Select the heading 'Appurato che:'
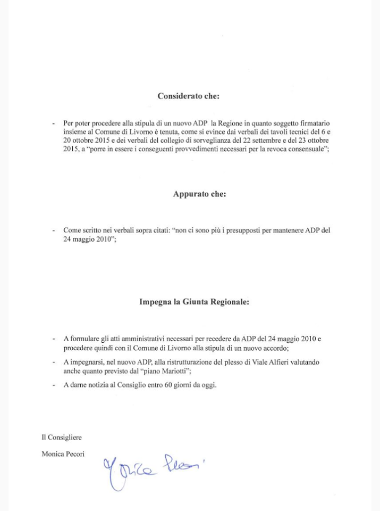pos(199,194)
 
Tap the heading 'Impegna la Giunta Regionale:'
pos(194,301)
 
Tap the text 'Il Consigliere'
pos(62,437)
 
